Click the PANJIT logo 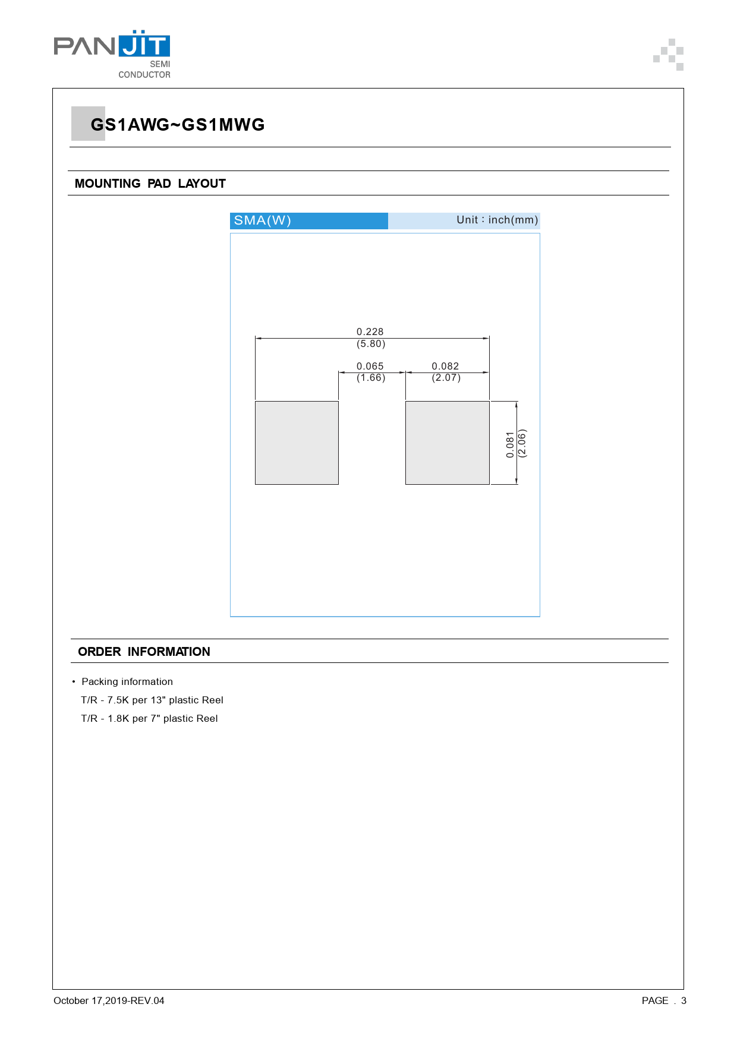tap(112, 53)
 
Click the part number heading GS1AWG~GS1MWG tap(177, 125)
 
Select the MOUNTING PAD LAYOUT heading tap(150, 184)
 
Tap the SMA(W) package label tap(262, 220)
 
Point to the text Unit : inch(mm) tap(497, 220)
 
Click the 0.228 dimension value tap(370, 331)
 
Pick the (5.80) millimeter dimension tap(371, 344)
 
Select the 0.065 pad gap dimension tap(370, 366)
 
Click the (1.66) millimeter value tap(371, 378)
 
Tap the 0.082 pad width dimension tap(445, 366)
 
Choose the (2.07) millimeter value tap(446, 378)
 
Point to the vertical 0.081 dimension tap(510, 444)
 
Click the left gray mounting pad tap(297, 443)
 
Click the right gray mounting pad tap(447, 443)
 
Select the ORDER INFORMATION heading tap(144, 652)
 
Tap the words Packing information tap(127, 681)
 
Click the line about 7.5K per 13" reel tap(152, 700)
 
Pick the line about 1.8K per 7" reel tap(149, 718)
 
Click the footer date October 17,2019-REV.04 tap(109, 1000)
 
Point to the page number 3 tap(684, 1000)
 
